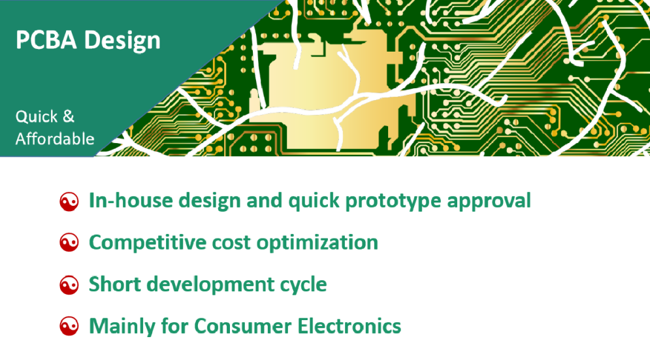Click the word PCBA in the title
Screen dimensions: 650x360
[46, 40]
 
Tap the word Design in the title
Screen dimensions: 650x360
[122, 41]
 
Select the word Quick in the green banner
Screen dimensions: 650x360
[37, 116]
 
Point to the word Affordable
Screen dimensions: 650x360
[55, 139]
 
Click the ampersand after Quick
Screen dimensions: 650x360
[69, 116]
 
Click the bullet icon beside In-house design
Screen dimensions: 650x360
[69, 202]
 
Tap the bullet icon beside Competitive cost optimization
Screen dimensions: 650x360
[69, 242]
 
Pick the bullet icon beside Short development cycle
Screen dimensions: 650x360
[69, 286]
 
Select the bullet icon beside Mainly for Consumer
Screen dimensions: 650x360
[69, 326]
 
